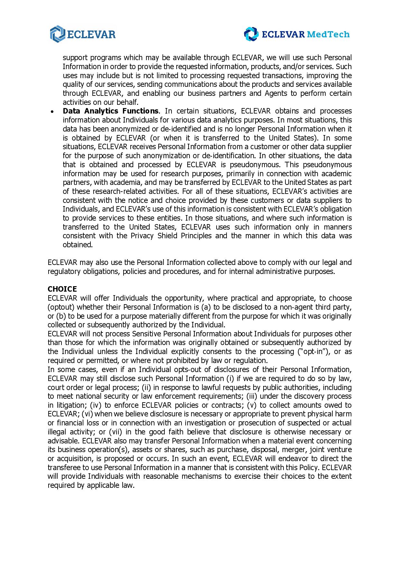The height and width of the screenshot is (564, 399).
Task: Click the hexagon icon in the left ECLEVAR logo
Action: [x=57, y=34]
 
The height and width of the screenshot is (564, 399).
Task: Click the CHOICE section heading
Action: [x=62, y=289]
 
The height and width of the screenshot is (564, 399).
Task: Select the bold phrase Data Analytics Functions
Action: [x=110, y=111]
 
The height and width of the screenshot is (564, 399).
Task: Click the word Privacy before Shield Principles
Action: [x=142, y=236]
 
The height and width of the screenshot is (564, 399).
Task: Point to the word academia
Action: [x=128, y=182]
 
